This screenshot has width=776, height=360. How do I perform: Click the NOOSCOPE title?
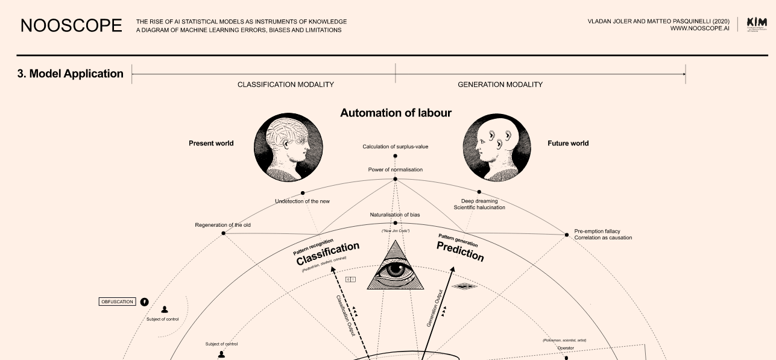(x=71, y=25)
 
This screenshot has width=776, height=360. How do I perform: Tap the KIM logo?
(x=757, y=24)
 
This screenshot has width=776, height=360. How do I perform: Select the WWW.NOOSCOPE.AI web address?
(x=699, y=28)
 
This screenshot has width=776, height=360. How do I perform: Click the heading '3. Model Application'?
(x=71, y=74)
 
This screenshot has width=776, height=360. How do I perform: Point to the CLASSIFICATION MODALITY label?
(x=285, y=85)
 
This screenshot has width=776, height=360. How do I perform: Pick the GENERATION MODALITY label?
(x=500, y=85)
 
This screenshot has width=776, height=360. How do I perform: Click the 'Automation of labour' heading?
(x=396, y=113)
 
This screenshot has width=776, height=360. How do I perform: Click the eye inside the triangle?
(x=396, y=270)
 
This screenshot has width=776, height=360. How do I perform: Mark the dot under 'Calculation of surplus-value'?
(x=396, y=156)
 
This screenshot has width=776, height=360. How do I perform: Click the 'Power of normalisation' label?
(x=396, y=169)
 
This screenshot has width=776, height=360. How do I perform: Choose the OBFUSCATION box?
(x=117, y=302)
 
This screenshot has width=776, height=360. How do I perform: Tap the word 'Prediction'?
(x=460, y=252)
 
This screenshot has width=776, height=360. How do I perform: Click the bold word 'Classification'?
(x=327, y=254)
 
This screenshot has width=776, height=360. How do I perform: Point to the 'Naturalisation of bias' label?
(x=396, y=215)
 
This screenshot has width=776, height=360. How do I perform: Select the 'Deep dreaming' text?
(x=479, y=201)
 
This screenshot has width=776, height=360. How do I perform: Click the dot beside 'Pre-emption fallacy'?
(x=567, y=235)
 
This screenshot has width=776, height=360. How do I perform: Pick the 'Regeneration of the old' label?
(x=222, y=225)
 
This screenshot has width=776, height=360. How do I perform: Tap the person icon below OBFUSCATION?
(x=164, y=310)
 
